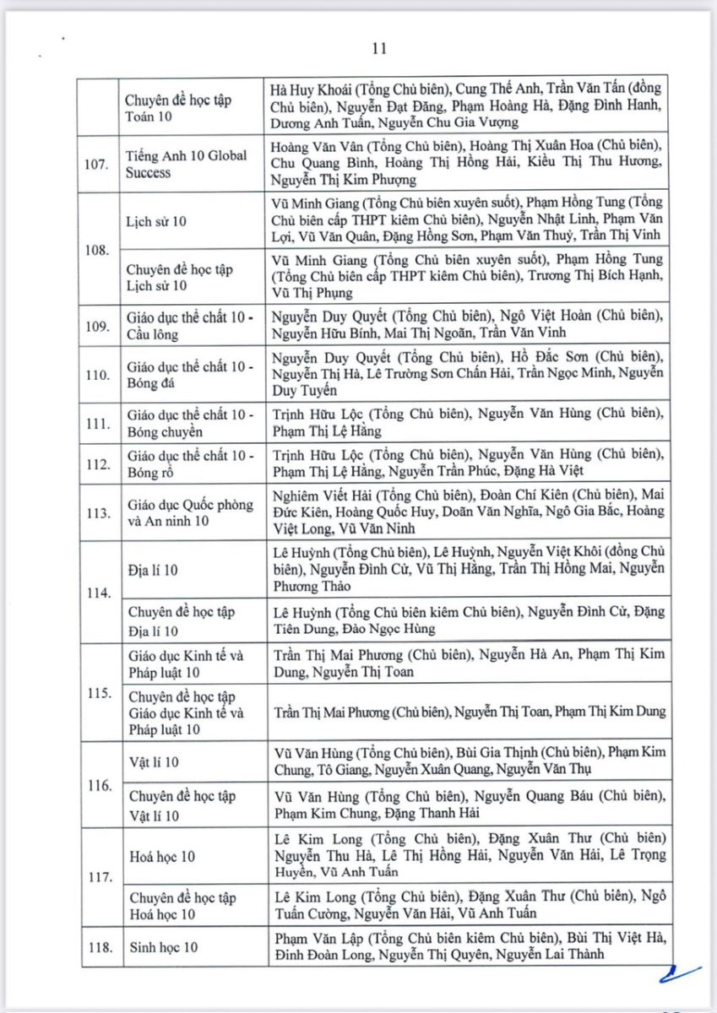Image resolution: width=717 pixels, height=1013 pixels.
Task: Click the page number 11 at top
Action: (x=378, y=48)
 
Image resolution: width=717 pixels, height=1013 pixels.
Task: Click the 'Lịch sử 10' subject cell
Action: (x=156, y=221)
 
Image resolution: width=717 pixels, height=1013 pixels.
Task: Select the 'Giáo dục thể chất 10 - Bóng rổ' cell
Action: (x=189, y=464)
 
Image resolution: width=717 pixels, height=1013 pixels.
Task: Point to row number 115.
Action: (x=99, y=693)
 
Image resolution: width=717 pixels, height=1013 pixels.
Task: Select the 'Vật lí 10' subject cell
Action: (x=153, y=762)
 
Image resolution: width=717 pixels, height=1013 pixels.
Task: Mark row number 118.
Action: (x=99, y=947)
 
